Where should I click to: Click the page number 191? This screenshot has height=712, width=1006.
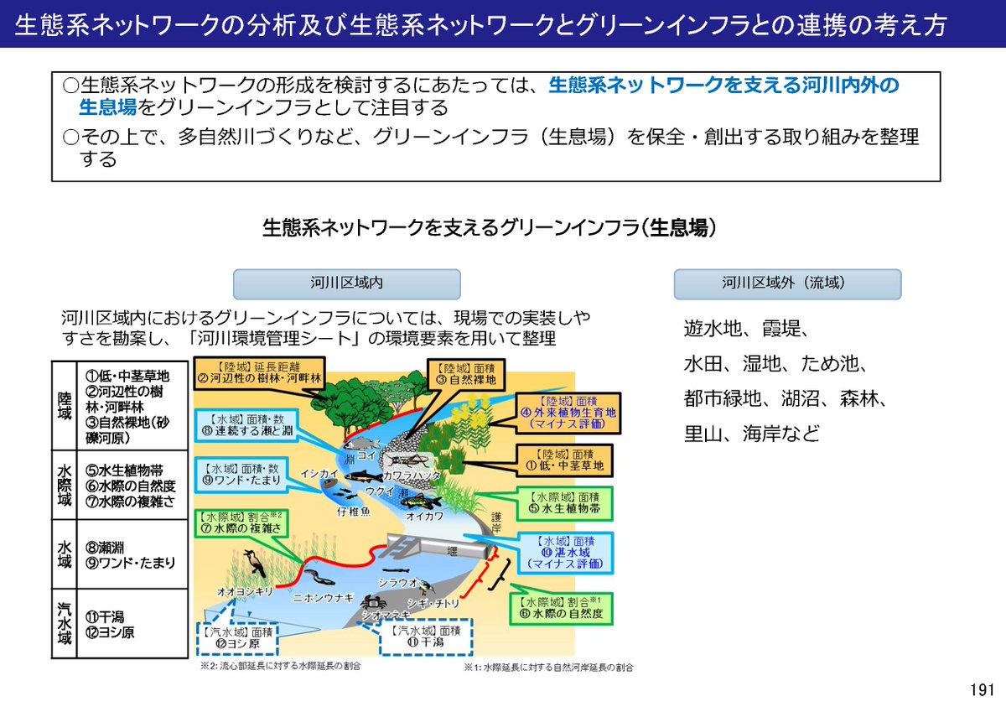pyautogui.click(x=981, y=690)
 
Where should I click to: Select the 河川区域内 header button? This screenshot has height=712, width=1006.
pyautogui.click(x=346, y=283)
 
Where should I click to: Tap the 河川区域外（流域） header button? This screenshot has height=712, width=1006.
pyautogui.click(x=787, y=283)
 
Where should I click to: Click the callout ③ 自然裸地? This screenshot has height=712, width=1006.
pyautogui.click(x=462, y=373)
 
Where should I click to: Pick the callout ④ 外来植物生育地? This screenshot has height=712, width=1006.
pyautogui.click(x=568, y=413)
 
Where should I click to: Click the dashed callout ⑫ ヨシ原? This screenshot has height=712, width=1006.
pyautogui.click(x=238, y=637)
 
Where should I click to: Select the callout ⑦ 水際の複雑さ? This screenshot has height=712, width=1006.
pyautogui.click(x=243, y=523)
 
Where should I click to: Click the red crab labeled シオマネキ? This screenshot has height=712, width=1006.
pyautogui.click(x=371, y=602)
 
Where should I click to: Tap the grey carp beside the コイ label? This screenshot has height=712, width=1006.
pyautogui.click(x=359, y=443)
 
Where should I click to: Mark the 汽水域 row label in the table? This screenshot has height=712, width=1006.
pyautogui.click(x=64, y=622)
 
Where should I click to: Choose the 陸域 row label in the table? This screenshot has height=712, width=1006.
pyautogui.click(x=64, y=405)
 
